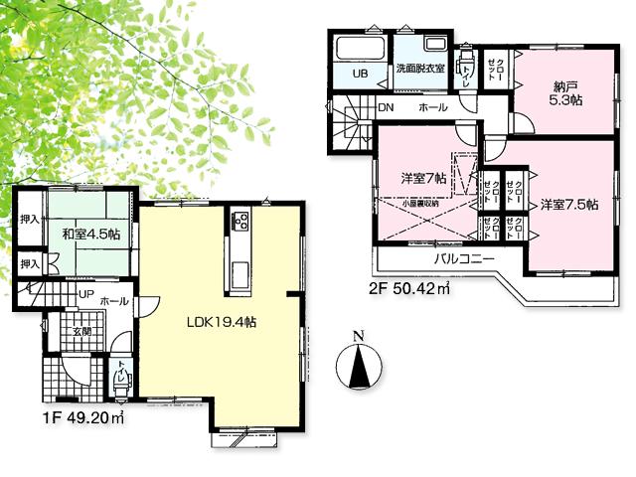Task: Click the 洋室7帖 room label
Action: pos(422,178)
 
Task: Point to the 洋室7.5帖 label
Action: pos(568,204)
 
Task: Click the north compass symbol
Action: pos(358,370)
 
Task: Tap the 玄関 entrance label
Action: pos(80,332)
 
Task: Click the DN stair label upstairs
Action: pos(386,107)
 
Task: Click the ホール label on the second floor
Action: pos(431,107)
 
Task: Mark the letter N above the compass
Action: pos(358,335)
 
